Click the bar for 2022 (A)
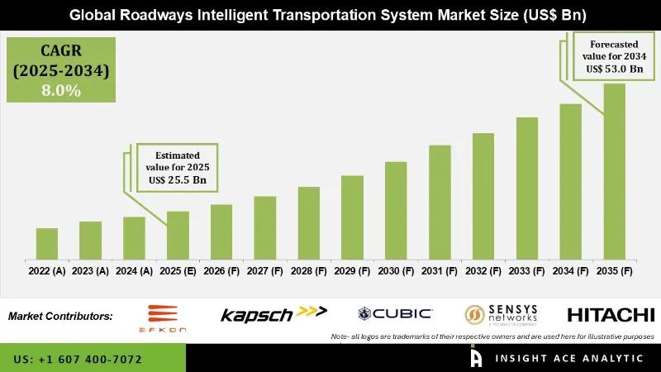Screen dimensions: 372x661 click(x=46, y=243)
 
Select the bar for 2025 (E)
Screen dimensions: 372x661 click(x=178, y=235)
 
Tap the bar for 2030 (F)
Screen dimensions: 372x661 click(x=396, y=210)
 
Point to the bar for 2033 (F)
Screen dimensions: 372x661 click(x=527, y=188)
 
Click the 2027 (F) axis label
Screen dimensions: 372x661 click(x=264, y=270)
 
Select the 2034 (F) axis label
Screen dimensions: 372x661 click(x=570, y=270)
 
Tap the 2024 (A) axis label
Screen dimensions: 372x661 click(x=134, y=270)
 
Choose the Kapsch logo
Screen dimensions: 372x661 click(x=273, y=313)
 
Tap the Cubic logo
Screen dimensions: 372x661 click(x=395, y=313)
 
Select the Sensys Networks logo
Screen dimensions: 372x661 click(x=501, y=313)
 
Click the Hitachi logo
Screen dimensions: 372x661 click(x=611, y=314)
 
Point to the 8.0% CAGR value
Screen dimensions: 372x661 click(x=60, y=91)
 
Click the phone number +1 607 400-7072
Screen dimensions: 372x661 click(x=78, y=360)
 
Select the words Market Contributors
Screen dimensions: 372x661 click(x=60, y=316)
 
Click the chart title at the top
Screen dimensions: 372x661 click(x=330, y=15)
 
